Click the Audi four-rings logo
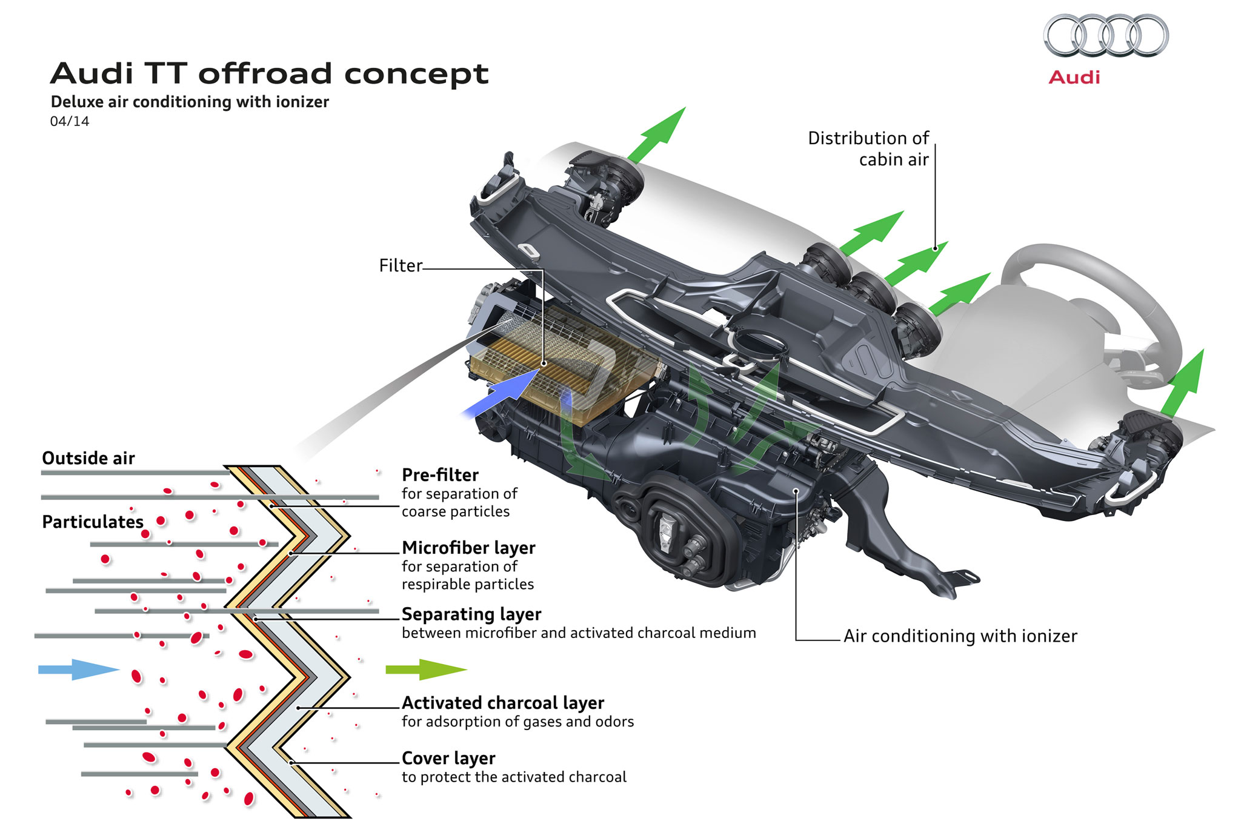click(x=1105, y=36)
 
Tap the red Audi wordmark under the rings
click(x=1074, y=78)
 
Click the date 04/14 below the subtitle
click(x=69, y=122)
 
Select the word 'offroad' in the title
click(x=265, y=74)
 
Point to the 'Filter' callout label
click(x=400, y=265)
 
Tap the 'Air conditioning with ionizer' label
click(x=960, y=636)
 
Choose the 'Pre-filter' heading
click(x=440, y=475)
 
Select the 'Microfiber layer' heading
click(x=468, y=548)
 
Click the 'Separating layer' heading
click(x=471, y=614)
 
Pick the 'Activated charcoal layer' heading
click(x=502, y=703)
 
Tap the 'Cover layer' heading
click(x=448, y=759)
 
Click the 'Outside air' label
click(x=88, y=459)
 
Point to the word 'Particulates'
click(x=92, y=522)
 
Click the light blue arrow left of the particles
click(x=78, y=669)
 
